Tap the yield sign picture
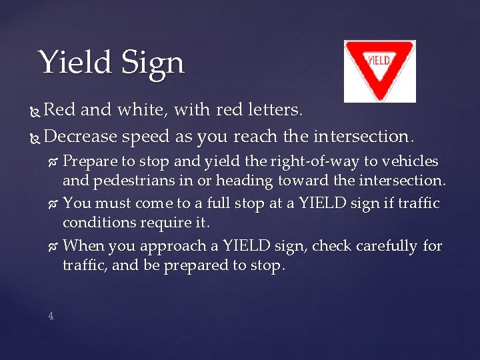point(379,71)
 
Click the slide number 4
point(51,316)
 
